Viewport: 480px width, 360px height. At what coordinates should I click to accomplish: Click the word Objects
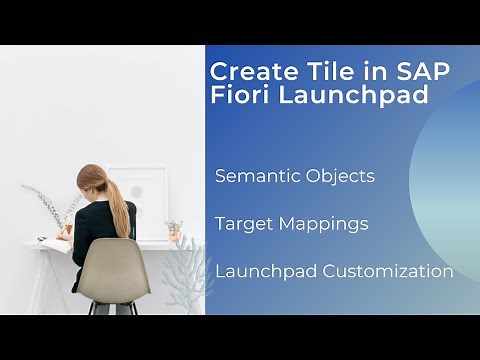(x=339, y=176)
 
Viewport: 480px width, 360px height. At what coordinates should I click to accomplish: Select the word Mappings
(x=322, y=225)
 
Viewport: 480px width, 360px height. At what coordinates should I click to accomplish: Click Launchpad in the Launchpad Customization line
(x=266, y=271)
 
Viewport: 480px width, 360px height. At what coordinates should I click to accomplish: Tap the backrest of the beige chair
(x=112, y=265)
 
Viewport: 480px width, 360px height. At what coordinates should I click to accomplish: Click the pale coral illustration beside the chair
(x=182, y=275)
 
